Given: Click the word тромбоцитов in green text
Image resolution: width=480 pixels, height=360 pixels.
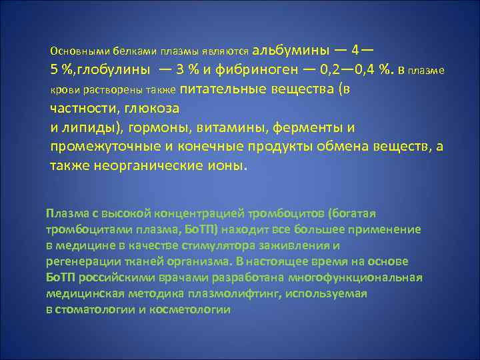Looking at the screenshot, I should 287,213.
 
